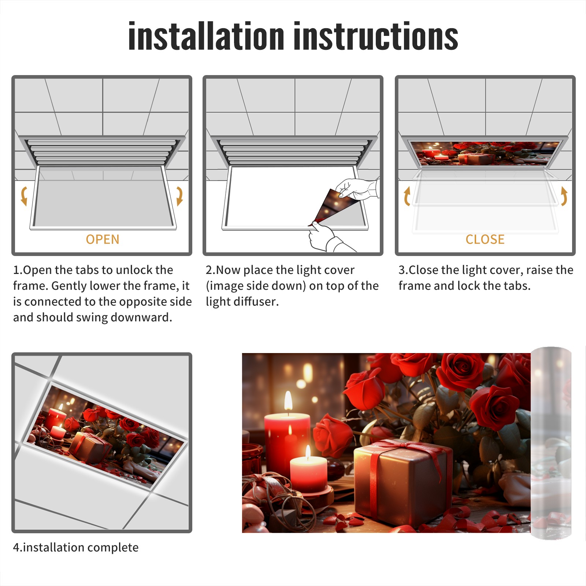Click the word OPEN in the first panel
[103, 240]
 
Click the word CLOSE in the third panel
[485, 240]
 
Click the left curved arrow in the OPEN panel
[24, 196]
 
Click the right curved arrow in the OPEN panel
[179, 196]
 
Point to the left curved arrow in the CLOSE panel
[407, 196]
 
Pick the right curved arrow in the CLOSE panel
[564, 196]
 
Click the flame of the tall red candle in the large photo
[289, 401]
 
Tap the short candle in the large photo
[308, 472]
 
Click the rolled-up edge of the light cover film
[551, 443]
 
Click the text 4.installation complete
[76, 548]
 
